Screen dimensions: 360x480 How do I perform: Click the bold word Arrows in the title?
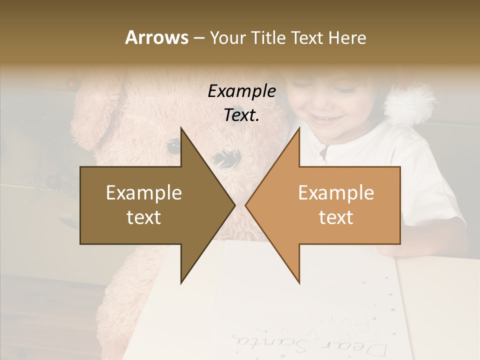(x=156, y=37)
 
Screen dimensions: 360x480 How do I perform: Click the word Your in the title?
(x=228, y=37)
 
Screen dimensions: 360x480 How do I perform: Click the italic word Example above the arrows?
(x=242, y=91)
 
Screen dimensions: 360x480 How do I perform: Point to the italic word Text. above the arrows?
(x=242, y=115)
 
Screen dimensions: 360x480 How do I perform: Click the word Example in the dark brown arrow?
(x=143, y=193)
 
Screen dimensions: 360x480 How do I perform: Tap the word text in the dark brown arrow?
(x=143, y=217)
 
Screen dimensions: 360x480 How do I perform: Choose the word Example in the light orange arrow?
(x=336, y=193)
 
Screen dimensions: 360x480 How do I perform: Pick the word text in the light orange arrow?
(x=336, y=217)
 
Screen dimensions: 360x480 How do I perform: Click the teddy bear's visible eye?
(x=173, y=146)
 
